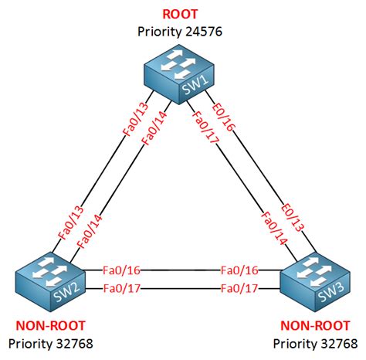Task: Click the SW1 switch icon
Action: pos(179,74)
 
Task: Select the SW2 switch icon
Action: pos(50,282)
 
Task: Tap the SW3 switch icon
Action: pos(315,282)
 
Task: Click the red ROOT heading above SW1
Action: pos(180,14)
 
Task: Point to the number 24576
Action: pos(204,32)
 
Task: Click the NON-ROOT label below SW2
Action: pos(50,326)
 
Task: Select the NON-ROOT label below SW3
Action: pos(315,326)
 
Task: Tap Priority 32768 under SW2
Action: pos(51,344)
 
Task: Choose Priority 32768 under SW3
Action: pos(315,344)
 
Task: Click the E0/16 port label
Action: pos(223,117)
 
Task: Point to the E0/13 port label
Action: pos(292,217)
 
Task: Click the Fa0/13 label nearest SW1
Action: pos(136,120)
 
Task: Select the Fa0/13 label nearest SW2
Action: pos(71,223)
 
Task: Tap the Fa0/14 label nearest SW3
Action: pos(274,229)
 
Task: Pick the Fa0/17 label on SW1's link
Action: pos(205,127)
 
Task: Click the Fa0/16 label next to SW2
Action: pos(121,270)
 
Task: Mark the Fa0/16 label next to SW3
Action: pos(239,270)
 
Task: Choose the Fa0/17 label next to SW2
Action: pos(122,288)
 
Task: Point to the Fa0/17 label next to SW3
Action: pos(239,288)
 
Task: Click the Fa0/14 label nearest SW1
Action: pos(154,128)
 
